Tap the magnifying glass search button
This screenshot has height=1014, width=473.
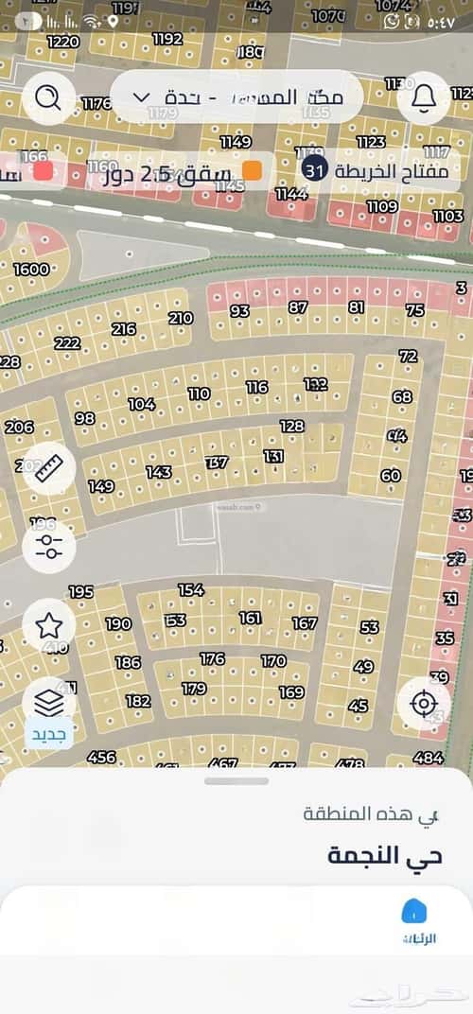pyautogui.click(x=49, y=97)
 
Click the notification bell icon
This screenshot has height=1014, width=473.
pyautogui.click(x=423, y=97)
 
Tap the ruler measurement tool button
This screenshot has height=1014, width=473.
pyautogui.click(x=49, y=468)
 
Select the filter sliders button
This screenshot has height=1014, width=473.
pyautogui.click(x=49, y=545)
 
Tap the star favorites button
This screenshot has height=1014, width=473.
pyautogui.click(x=49, y=624)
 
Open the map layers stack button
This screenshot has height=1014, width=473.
pyautogui.click(x=49, y=703)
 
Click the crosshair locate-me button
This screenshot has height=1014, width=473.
pyautogui.click(x=423, y=703)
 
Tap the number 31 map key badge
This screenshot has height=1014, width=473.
pyautogui.click(x=314, y=170)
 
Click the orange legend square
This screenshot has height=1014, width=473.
pyautogui.click(x=253, y=170)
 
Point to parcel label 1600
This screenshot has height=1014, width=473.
pyautogui.click(x=31, y=270)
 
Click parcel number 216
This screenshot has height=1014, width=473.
pyautogui.click(x=124, y=329)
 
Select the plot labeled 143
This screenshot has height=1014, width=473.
pyautogui.click(x=158, y=472)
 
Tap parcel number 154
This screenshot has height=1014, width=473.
pyautogui.click(x=191, y=590)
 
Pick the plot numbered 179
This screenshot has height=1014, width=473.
pyautogui.click(x=194, y=689)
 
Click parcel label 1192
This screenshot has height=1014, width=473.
pyautogui.click(x=167, y=39)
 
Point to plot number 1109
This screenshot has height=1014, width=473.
pyautogui.click(x=382, y=206)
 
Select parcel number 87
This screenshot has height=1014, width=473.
pyautogui.click(x=299, y=307)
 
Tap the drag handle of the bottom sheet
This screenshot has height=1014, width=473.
pyautogui.click(x=236, y=781)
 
